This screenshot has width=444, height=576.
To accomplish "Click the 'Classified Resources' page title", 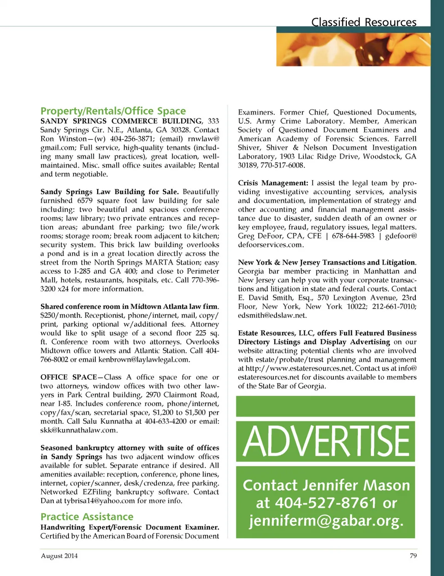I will (x=364, y=22).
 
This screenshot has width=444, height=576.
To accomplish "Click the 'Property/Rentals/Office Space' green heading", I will (x=113, y=111).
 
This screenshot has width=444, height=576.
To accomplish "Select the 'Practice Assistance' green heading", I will (x=87, y=517).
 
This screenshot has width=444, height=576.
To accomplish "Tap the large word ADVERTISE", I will (x=326, y=442).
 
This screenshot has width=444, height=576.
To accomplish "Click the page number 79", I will (x=413, y=556).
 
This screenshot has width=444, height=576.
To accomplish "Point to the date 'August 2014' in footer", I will (x=59, y=556).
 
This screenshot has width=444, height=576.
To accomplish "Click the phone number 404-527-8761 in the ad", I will (x=326, y=503).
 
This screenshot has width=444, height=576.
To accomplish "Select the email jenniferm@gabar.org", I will (x=326, y=521).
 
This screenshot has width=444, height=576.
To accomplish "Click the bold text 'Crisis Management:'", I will (x=273, y=183).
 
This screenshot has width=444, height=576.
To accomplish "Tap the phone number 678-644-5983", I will (x=353, y=236).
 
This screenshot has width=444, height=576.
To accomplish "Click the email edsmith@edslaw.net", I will (x=272, y=316).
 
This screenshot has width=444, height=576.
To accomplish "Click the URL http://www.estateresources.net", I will (x=299, y=368).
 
